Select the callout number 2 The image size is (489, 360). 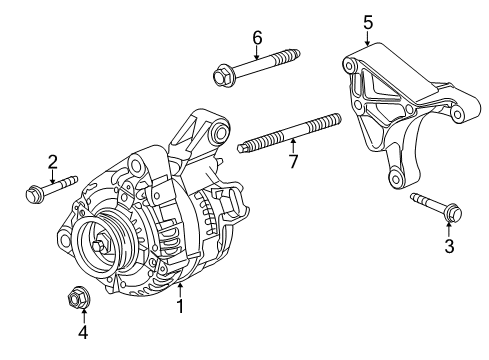pyautogui.click(x=52, y=160)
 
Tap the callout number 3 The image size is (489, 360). pyautogui.click(x=449, y=244)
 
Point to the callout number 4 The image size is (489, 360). pyautogui.click(x=84, y=331)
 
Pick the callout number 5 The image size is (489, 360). pyautogui.click(x=367, y=20)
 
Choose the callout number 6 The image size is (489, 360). pyautogui.click(x=256, y=37)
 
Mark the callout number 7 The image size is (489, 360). pyautogui.click(x=293, y=160)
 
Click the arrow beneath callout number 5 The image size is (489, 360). pyautogui.click(x=367, y=38)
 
